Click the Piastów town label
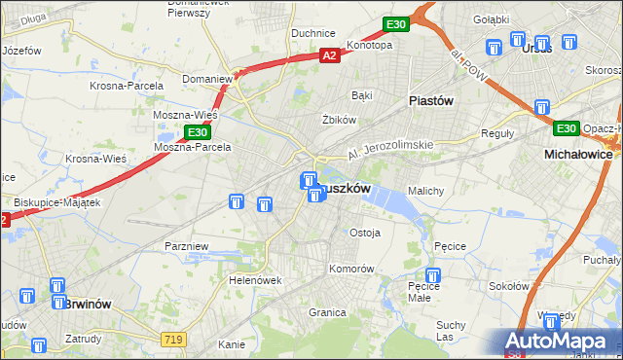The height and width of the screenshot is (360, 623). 431,99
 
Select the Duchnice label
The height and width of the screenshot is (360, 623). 313,32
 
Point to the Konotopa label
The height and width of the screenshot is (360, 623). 369,45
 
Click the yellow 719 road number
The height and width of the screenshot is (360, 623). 174,339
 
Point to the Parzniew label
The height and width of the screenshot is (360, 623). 187,246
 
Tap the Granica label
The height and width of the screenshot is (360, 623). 328,312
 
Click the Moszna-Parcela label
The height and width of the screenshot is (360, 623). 193,148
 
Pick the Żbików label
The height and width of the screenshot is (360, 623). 336,120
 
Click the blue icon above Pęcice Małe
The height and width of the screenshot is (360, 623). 433,275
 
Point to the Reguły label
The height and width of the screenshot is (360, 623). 497,133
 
